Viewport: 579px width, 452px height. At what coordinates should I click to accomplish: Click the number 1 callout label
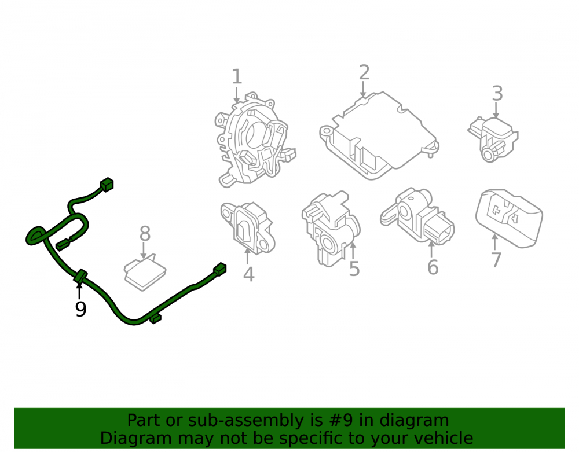(x=237, y=77)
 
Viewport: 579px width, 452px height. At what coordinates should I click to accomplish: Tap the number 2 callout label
(x=364, y=72)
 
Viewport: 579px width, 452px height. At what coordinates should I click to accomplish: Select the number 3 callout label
(x=497, y=93)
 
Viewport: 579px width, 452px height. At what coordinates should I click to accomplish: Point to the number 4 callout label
(x=249, y=274)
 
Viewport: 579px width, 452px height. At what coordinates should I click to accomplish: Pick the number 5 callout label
(x=354, y=269)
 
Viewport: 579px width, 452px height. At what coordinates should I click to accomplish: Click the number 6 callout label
(x=433, y=267)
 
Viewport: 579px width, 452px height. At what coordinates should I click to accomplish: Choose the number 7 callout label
(x=496, y=260)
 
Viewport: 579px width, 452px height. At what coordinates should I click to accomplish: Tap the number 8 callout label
(x=145, y=234)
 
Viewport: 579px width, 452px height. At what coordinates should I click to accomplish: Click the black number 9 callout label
(x=80, y=309)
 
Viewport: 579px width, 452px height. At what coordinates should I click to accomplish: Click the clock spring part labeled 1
(x=255, y=140)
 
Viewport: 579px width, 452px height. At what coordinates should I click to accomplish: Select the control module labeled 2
(x=379, y=135)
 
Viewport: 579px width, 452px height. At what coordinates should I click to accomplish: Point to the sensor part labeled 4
(x=248, y=227)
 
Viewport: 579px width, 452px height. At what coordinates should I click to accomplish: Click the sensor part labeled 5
(x=331, y=228)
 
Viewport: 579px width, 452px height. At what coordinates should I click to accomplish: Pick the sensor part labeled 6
(x=417, y=216)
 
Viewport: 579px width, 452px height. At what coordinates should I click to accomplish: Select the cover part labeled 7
(x=509, y=218)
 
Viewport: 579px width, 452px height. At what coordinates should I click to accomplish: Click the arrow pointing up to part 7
(x=495, y=242)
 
